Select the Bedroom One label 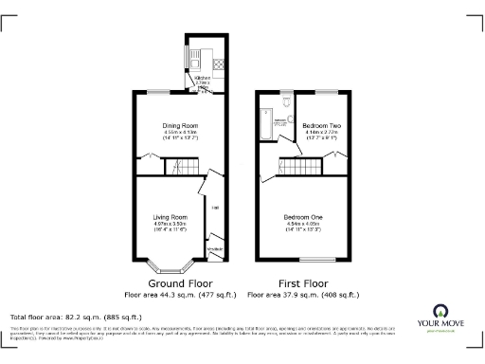303,217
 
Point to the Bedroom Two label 320,125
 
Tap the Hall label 215,207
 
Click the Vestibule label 215,248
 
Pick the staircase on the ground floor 180,168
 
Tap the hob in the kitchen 218,65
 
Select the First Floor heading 303,283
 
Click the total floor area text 76,316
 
